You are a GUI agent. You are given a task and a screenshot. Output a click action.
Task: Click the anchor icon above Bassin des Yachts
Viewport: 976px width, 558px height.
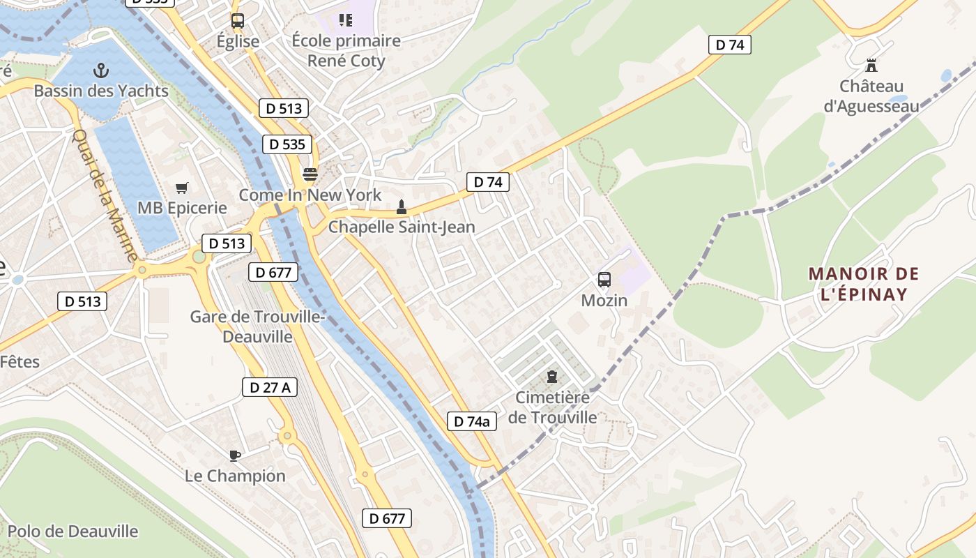pyautogui.click(x=102, y=70)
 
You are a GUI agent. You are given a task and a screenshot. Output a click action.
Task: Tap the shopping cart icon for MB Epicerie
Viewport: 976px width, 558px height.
pyautogui.click(x=182, y=188)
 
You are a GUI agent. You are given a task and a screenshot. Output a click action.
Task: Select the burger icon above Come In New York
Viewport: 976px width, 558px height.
pyautogui.click(x=310, y=174)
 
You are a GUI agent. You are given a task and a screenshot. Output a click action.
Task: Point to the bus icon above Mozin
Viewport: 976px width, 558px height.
pyautogui.click(x=604, y=280)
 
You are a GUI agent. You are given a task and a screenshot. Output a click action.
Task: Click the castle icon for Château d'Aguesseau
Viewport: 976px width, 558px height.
pyautogui.click(x=871, y=66)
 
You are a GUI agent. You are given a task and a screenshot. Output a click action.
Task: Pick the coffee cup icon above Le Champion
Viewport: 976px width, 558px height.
pyautogui.click(x=235, y=455)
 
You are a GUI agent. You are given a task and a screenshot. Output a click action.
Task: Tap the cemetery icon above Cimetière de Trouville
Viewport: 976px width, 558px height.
pyautogui.click(x=552, y=377)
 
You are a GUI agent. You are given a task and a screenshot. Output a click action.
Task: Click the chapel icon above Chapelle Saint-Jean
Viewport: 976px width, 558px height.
pyautogui.click(x=401, y=206)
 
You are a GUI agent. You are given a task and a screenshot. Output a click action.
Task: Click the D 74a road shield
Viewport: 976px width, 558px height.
pyautogui.click(x=472, y=421)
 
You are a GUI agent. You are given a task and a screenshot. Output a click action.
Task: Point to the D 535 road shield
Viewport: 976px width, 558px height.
pyautogui.click(x=287, y=144)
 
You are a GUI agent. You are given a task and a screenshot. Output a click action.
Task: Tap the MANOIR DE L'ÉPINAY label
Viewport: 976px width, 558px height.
pyautogui.click(x=864, y=284)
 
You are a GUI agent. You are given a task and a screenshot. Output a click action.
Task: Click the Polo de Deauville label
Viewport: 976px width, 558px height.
pyautogui.click(x=73, y=531)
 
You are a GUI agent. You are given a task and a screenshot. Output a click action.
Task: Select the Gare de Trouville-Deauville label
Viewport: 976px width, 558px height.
pyautogui.click(x=257, y=326)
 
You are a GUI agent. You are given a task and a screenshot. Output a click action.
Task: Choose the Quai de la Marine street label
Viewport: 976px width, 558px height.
pyautogui.click(x=105, y=195)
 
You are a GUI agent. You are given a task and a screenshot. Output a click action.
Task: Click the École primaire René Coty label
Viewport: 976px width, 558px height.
pyautogui.click(x=346, y=50)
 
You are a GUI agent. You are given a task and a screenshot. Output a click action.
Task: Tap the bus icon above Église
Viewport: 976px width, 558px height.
pyautogui.click(x=238, y=21)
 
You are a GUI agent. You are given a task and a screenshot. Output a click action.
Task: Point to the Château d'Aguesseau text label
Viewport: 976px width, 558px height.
pyautogui.click(x=871, y=96)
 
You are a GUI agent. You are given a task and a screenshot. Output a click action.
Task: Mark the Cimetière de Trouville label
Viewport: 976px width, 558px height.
pyautogui.click(x=553, y=407)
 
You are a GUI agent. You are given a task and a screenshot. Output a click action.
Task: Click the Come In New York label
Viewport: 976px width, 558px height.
pyautogui.click(x=310, y=195)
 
